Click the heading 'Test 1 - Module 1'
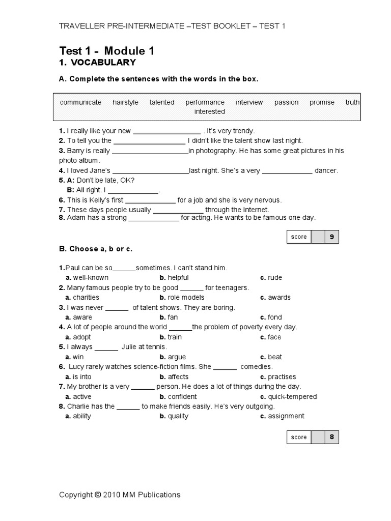[106, 51]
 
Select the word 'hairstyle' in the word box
[125, 102]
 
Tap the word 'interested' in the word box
[209, 111]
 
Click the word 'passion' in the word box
[286, 102]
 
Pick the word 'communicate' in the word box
[80, 102]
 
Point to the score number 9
[332, 237]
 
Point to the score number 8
[332, 437]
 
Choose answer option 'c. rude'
[271, 278]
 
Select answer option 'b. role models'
[182, 298]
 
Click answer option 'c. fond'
[271, 317]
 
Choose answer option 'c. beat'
[271, 357]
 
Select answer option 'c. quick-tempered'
[288, 397]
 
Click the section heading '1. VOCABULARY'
[97, 63]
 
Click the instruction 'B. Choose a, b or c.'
[96, 249]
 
